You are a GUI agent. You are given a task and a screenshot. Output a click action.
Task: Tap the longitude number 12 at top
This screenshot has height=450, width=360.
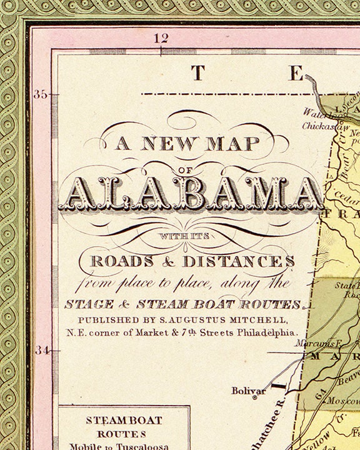coord(161,38)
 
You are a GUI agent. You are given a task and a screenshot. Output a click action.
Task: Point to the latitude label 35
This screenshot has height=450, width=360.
coord(41,95)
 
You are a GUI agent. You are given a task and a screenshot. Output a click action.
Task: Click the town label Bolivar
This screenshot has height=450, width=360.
coord(249,391)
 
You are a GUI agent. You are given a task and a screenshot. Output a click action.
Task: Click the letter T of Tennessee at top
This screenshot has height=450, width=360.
coord(197,73)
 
